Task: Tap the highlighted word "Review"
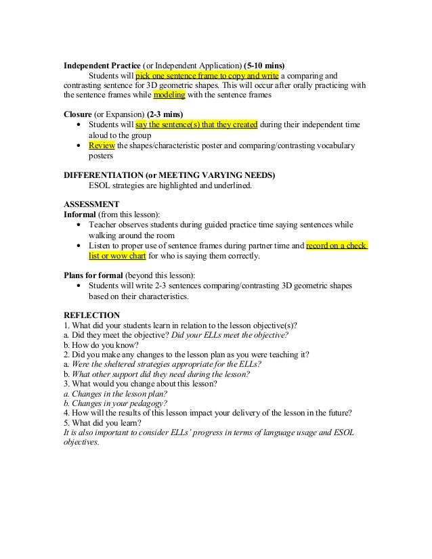[x=102, y=146]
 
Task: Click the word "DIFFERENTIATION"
[x=101, y=175]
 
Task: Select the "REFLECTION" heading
[x=91, y=315]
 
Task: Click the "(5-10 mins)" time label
[x=264, y=65]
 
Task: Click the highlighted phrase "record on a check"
[x=336, y=246]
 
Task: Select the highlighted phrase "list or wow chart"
[x=118, y=256]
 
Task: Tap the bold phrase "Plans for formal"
[x=93, y=275]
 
